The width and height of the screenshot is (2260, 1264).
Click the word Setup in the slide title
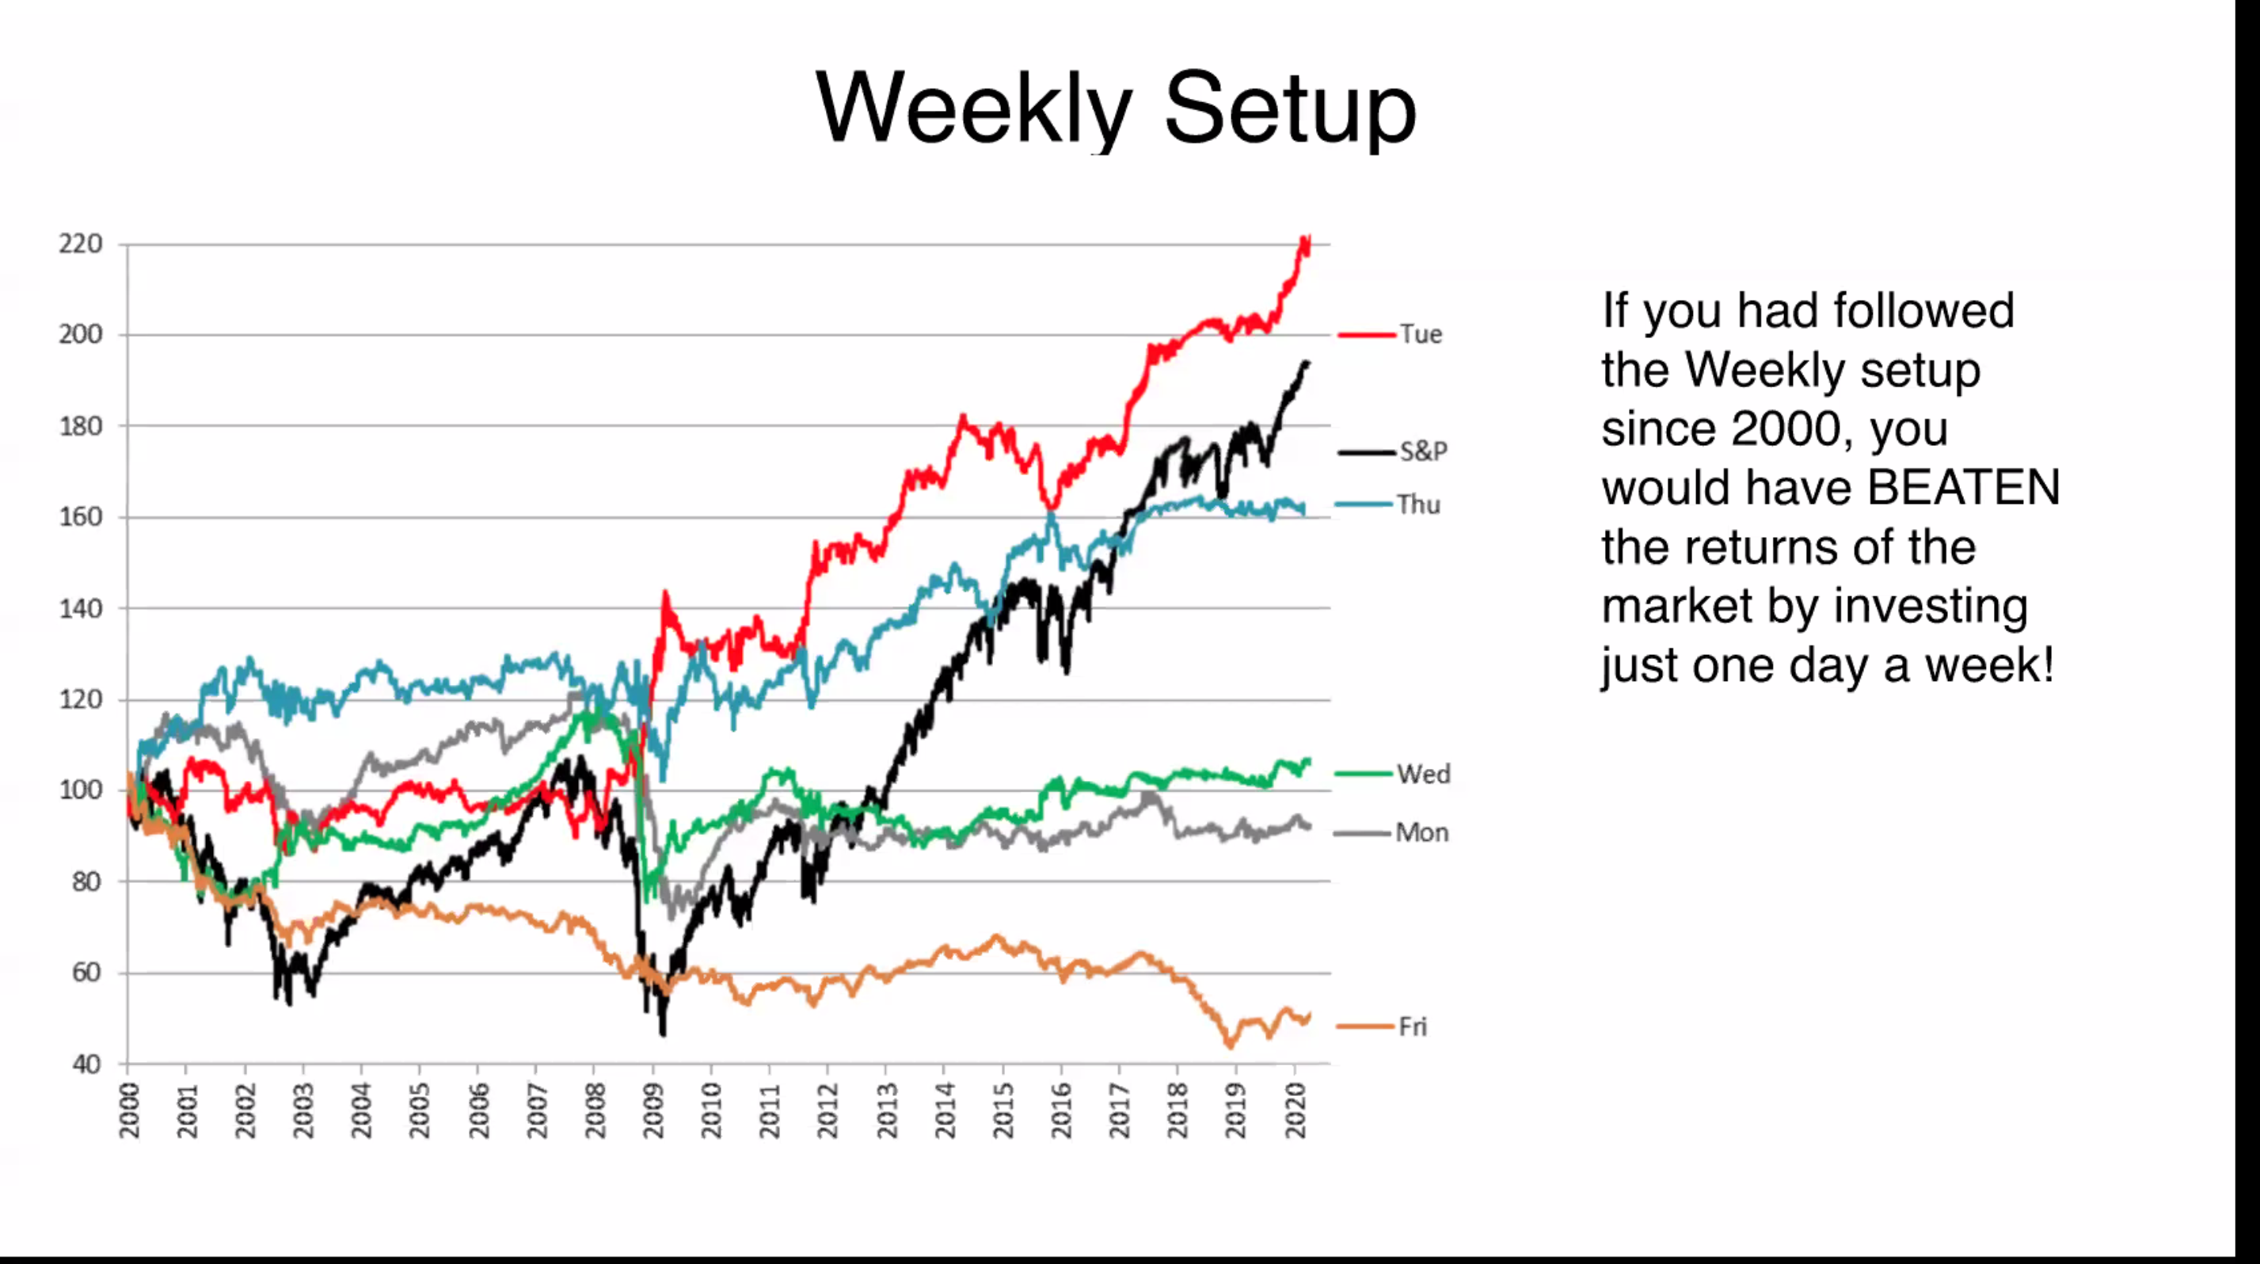coord(1291,109)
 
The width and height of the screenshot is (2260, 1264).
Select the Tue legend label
coord(1421,334)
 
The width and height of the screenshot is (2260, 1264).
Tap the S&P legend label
coord(1423,451)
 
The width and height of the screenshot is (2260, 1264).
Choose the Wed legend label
coord(1423,774)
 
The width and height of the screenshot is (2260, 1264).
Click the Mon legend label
coord(1421,832)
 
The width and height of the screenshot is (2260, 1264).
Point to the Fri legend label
coord(1413,1026)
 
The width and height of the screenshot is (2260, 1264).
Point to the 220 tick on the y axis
coord(81,244)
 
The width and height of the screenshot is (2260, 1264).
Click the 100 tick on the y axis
coord(81,790)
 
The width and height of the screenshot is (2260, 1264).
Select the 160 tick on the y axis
coord(81,516)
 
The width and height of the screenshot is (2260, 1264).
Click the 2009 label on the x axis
coord(653,1110)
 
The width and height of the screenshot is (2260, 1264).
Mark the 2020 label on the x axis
coord(1295,1110)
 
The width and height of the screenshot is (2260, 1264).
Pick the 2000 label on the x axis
coord(129,1110)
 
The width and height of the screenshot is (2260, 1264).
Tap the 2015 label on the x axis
coord(1003,1110)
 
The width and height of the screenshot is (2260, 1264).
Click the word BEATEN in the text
coord(1964,488)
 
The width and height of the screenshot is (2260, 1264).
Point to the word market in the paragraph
coord(1676,606)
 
